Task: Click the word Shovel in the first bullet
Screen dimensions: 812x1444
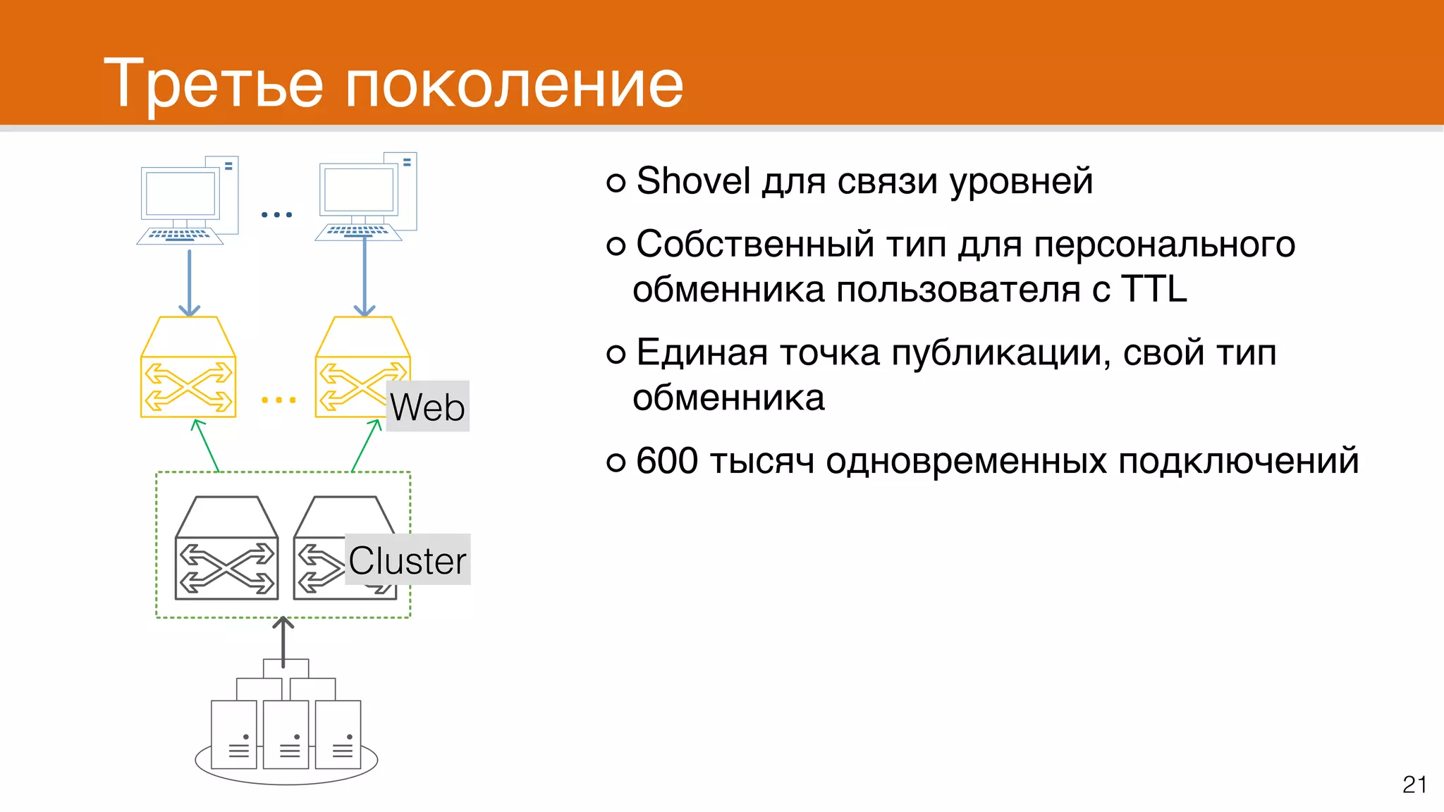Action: (692, 181)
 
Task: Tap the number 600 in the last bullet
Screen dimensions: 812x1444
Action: (666, 461)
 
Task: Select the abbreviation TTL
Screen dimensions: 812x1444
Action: (1154, 289)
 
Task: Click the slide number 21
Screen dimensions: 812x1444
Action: (1414, 785)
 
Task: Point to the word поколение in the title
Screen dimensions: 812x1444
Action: (514, 84)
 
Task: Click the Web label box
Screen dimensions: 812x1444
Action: (427, 407)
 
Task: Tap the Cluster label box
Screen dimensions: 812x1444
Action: (408, 560)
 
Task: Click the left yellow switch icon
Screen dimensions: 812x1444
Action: (188, 368)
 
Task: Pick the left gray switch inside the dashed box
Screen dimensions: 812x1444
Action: (226, 549)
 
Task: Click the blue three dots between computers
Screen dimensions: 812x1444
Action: (276, 214)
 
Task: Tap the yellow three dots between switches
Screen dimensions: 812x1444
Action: (279, 400)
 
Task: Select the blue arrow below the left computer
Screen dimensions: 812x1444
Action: (189, 282)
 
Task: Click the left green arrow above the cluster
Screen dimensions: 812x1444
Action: (207, 445)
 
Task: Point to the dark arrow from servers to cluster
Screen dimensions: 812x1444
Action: (283, 641)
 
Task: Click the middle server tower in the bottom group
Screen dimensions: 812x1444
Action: (286, 734)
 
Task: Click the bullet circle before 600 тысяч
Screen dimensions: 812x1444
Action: (616, 462)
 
